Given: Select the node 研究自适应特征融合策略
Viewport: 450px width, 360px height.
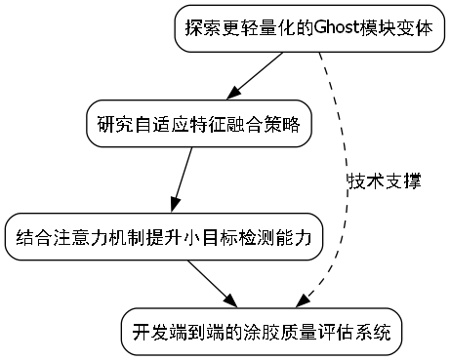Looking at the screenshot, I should (x=198, y=124).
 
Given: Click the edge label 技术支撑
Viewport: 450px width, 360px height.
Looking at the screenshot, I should (x=384, y=181).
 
